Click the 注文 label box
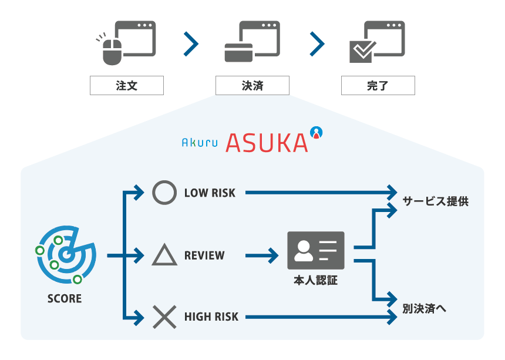click(126, 86)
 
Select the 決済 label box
click(252, 86)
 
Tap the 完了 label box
click(378, 86)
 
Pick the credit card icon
click(238, 53)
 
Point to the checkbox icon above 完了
click(361, 52)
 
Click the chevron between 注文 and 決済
click(191, 44)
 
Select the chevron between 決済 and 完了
click(317, 44)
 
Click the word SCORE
click(65, 298)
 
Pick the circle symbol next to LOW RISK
click(164, 193)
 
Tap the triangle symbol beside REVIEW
click(164, 255)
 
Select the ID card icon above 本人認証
click(315, 251)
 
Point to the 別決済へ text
click(425, 309)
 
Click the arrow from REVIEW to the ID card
click(262, 255)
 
